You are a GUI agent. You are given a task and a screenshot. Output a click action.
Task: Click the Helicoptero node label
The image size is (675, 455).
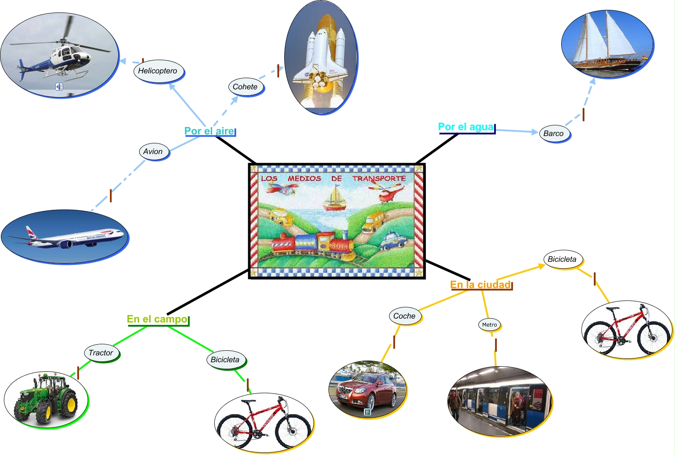tap(158, 71)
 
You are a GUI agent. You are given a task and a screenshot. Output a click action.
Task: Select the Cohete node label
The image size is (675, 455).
tap(245, 87)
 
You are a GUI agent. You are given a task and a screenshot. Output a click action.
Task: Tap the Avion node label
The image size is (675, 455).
tap(153, 152)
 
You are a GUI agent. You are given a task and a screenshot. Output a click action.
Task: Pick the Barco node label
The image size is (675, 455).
tap(553, 133)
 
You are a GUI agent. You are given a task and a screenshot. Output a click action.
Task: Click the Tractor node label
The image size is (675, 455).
tap(101, 353)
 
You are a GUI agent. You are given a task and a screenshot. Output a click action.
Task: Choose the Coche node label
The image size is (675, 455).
tap(404, 316)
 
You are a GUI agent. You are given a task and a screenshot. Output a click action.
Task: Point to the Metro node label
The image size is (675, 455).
tap(490, 325)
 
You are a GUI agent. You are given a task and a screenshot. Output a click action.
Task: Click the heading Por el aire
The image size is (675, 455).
tap(209, 131)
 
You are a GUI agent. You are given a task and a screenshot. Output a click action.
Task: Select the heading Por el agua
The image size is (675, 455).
tap(466, 127)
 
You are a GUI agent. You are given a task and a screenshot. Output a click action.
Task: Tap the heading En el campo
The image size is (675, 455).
tap(157, 319)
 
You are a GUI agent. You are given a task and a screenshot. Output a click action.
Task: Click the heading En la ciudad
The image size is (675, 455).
tap(480, 285)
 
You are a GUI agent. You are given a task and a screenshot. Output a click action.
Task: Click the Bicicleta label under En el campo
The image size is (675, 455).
tap(225, 360)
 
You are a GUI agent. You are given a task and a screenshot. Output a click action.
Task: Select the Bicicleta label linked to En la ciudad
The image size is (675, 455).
tap(562, 259)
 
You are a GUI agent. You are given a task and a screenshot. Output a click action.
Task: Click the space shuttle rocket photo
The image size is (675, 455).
tap(321, 58)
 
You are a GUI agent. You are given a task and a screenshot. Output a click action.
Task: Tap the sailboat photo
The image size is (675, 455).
tap(607, 44)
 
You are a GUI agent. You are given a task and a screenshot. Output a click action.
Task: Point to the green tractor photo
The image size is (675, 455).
tap(46, 400)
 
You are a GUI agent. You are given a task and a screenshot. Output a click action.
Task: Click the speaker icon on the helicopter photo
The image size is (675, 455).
tap(59, 87)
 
